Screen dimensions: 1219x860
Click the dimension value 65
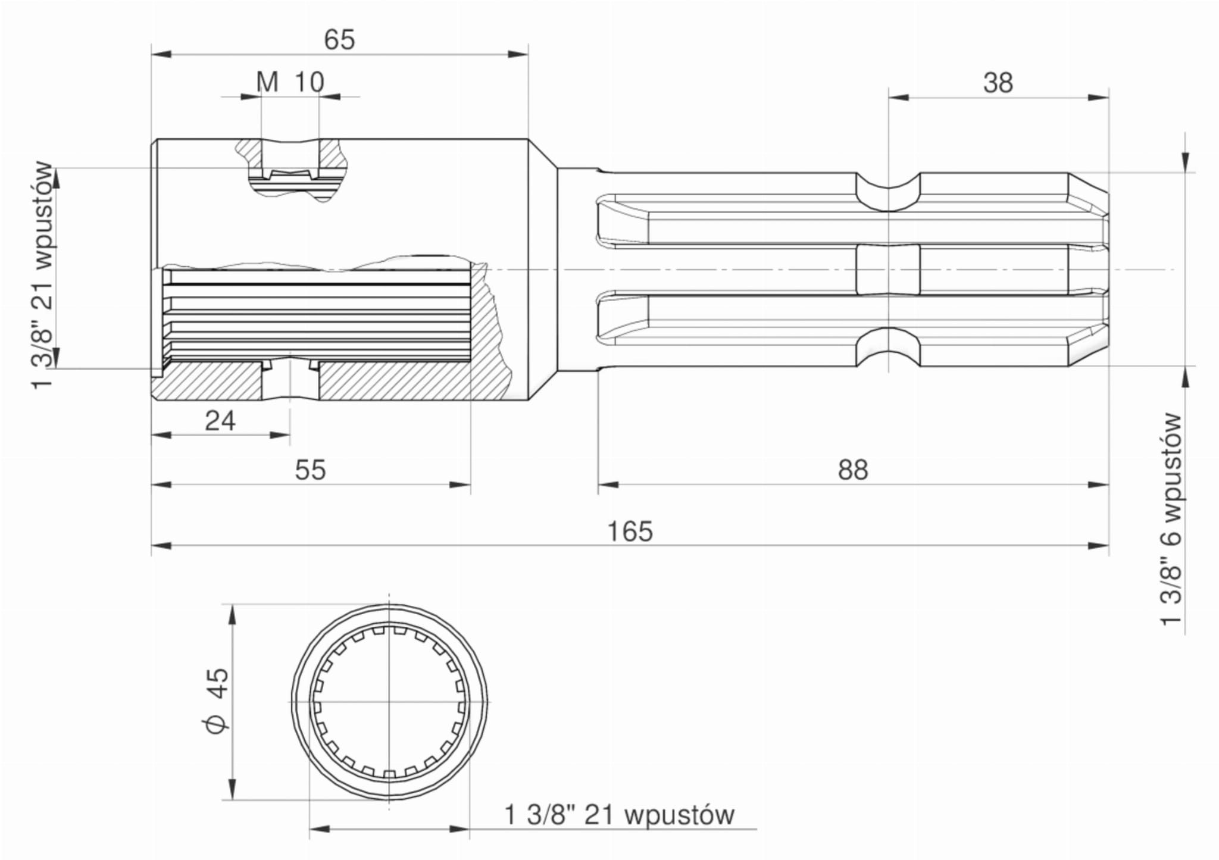click(339, 40)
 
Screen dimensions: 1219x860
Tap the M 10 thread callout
click(290, 82)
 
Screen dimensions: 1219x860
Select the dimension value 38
click(998, 83)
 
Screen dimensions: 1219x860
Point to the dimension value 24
click(220, 421)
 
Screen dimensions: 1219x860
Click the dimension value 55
click(310, 470)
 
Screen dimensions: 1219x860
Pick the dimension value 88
click(853, 470)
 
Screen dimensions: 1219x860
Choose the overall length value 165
click(630, 531)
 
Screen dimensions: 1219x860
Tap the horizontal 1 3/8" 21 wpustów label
click(620, 815)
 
